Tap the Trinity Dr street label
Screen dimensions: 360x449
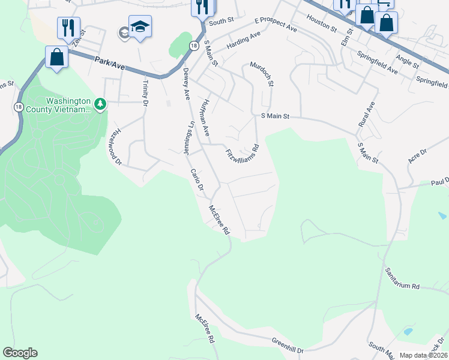coord(145,92)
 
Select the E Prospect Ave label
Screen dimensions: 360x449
coord(276,25)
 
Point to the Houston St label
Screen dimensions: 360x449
coord(321,25)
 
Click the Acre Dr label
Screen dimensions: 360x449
coord(417,157)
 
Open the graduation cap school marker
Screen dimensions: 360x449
coord(140,27)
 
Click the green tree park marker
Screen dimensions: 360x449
coord(100,105)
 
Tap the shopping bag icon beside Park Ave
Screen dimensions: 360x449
coord(56,58)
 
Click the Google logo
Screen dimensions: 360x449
coord(20,353)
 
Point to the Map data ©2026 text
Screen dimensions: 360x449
coord(423,355)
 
